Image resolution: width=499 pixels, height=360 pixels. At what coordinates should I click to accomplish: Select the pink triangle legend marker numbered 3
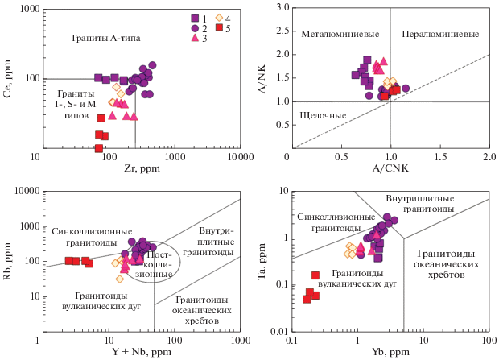click(x=195, y=38)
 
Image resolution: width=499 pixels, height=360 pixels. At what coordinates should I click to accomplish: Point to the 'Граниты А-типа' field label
click(x=106, y=38)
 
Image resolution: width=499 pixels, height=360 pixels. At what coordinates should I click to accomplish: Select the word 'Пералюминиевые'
click(x=439, y=35)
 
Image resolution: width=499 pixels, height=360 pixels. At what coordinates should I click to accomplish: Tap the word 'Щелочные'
click(x=322, y=116)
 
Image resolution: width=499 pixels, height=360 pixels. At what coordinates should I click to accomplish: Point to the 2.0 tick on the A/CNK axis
click(x=489, y=156)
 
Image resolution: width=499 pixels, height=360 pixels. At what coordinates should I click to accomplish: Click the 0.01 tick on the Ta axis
click(x=278, y=332)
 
